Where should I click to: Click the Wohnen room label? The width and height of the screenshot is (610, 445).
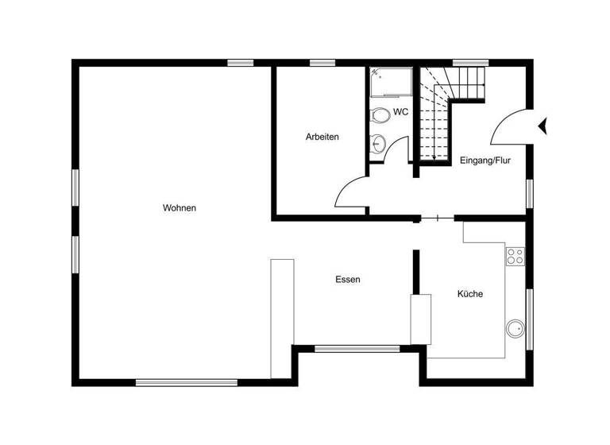tap(180, 208)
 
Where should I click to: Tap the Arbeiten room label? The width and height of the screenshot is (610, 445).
tap(322, 137)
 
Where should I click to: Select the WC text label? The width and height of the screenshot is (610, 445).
tap(400, 112)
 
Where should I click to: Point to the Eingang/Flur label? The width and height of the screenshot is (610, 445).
tap(485, 161)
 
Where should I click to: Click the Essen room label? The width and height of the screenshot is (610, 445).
tap(348, 280)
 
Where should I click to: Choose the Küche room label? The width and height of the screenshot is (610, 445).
tap(469, 294)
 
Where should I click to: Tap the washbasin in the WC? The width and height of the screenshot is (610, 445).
tap(378, 145)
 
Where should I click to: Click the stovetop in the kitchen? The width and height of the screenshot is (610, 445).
tap(515, 256)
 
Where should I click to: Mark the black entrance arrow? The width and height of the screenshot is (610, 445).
tap(543, 125)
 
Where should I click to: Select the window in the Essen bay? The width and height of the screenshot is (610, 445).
tap(357, 348)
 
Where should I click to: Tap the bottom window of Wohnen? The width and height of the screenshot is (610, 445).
tap(187, 382)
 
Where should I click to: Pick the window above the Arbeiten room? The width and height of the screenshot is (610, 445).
tap(322, 63)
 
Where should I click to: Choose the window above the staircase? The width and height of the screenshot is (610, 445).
tap(470, 63)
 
